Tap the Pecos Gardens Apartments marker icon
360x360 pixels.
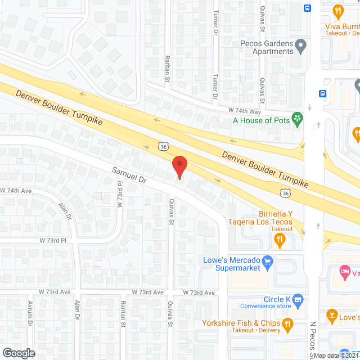point(301,46)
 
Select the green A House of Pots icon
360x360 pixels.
point(299,119)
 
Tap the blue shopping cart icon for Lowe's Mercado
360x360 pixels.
point(268,261)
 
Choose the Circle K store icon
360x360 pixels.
point(298,299)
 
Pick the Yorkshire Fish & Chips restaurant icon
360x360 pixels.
point(288,323)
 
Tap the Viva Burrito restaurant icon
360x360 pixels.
point(337,10)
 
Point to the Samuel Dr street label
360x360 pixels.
point(129,175)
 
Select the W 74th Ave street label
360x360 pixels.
point(15,191)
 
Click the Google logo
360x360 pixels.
point(18,353)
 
